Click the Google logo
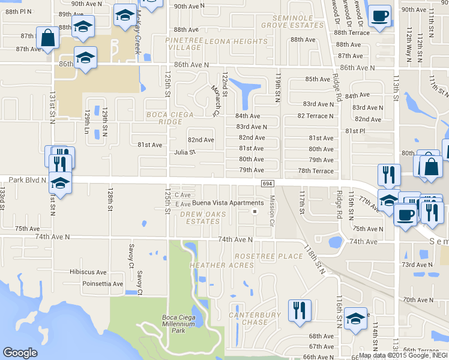pyautogui.click(x=20, y=353)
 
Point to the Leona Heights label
pyautogui.click(x=236, y=41)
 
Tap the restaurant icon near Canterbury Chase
pyautogui.click(x=298, y=310)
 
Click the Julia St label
pyautogui.click(x=185, y=152)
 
